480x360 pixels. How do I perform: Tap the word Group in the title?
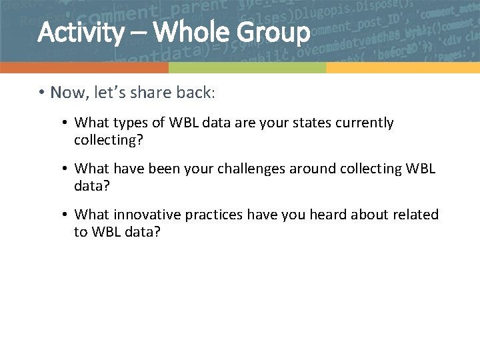point(273,32)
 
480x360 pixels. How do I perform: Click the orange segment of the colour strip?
point(84,68)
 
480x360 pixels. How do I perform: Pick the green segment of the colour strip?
point(247,68)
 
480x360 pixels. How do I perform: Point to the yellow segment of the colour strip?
point(403,68)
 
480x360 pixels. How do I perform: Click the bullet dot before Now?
point(41,93)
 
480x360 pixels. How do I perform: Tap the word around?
point(311,169)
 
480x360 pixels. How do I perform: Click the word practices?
point(214,215)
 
